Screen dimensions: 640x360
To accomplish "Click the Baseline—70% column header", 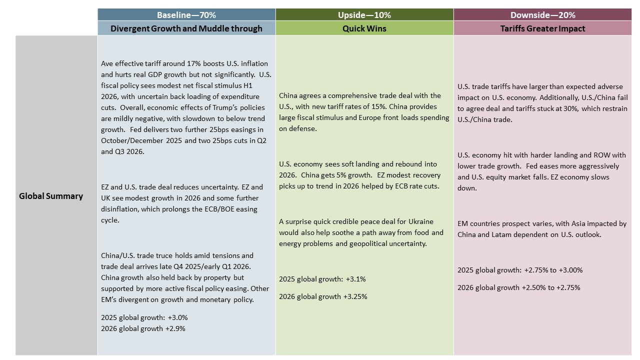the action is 186,15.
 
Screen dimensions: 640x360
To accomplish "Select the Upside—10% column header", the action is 364,15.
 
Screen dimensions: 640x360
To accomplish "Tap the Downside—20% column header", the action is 542,15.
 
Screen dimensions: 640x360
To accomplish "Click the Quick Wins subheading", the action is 364,28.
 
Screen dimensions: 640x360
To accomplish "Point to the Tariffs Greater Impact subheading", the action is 542,28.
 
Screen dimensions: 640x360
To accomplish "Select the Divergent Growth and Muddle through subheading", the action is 186,28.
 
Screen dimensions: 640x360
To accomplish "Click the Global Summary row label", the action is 51,196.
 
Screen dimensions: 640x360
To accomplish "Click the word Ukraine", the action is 421,221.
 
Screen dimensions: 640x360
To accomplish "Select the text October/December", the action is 132,141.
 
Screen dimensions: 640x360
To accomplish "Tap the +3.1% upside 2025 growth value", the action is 355,279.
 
